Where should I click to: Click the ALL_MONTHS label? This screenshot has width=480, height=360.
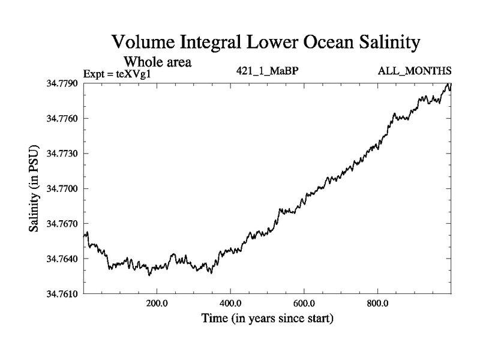click(414, 70)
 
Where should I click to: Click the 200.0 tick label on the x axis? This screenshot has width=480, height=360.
click(157, 303)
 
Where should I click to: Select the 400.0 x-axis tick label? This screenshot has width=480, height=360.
click(230, 303)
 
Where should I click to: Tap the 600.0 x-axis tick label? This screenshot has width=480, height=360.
click(304, 303)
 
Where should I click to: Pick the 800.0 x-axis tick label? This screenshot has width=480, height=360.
click(378, 303)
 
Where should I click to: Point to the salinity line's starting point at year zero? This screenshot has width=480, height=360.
click(84, 235)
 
